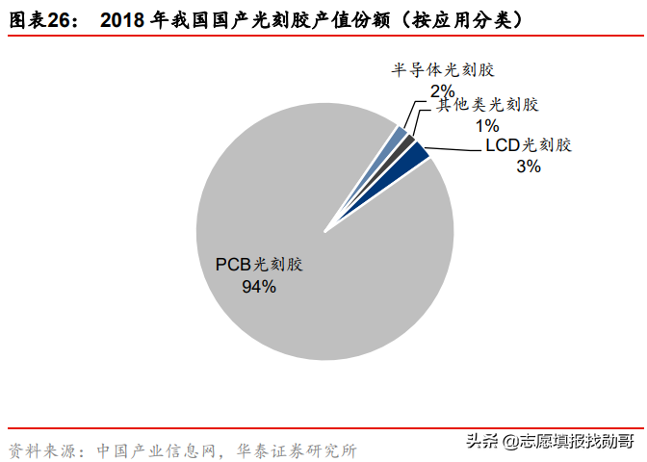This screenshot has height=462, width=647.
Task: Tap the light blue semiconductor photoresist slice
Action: [398, 136]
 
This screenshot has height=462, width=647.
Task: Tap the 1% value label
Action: [486, 125]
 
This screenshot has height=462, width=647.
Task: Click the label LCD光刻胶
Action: [528, 146]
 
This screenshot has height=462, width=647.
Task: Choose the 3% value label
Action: [529, 167]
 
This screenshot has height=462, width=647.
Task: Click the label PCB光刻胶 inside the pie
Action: [266, 265]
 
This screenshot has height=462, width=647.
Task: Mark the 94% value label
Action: [259, 286]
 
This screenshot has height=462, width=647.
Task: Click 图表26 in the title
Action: [43, 19]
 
